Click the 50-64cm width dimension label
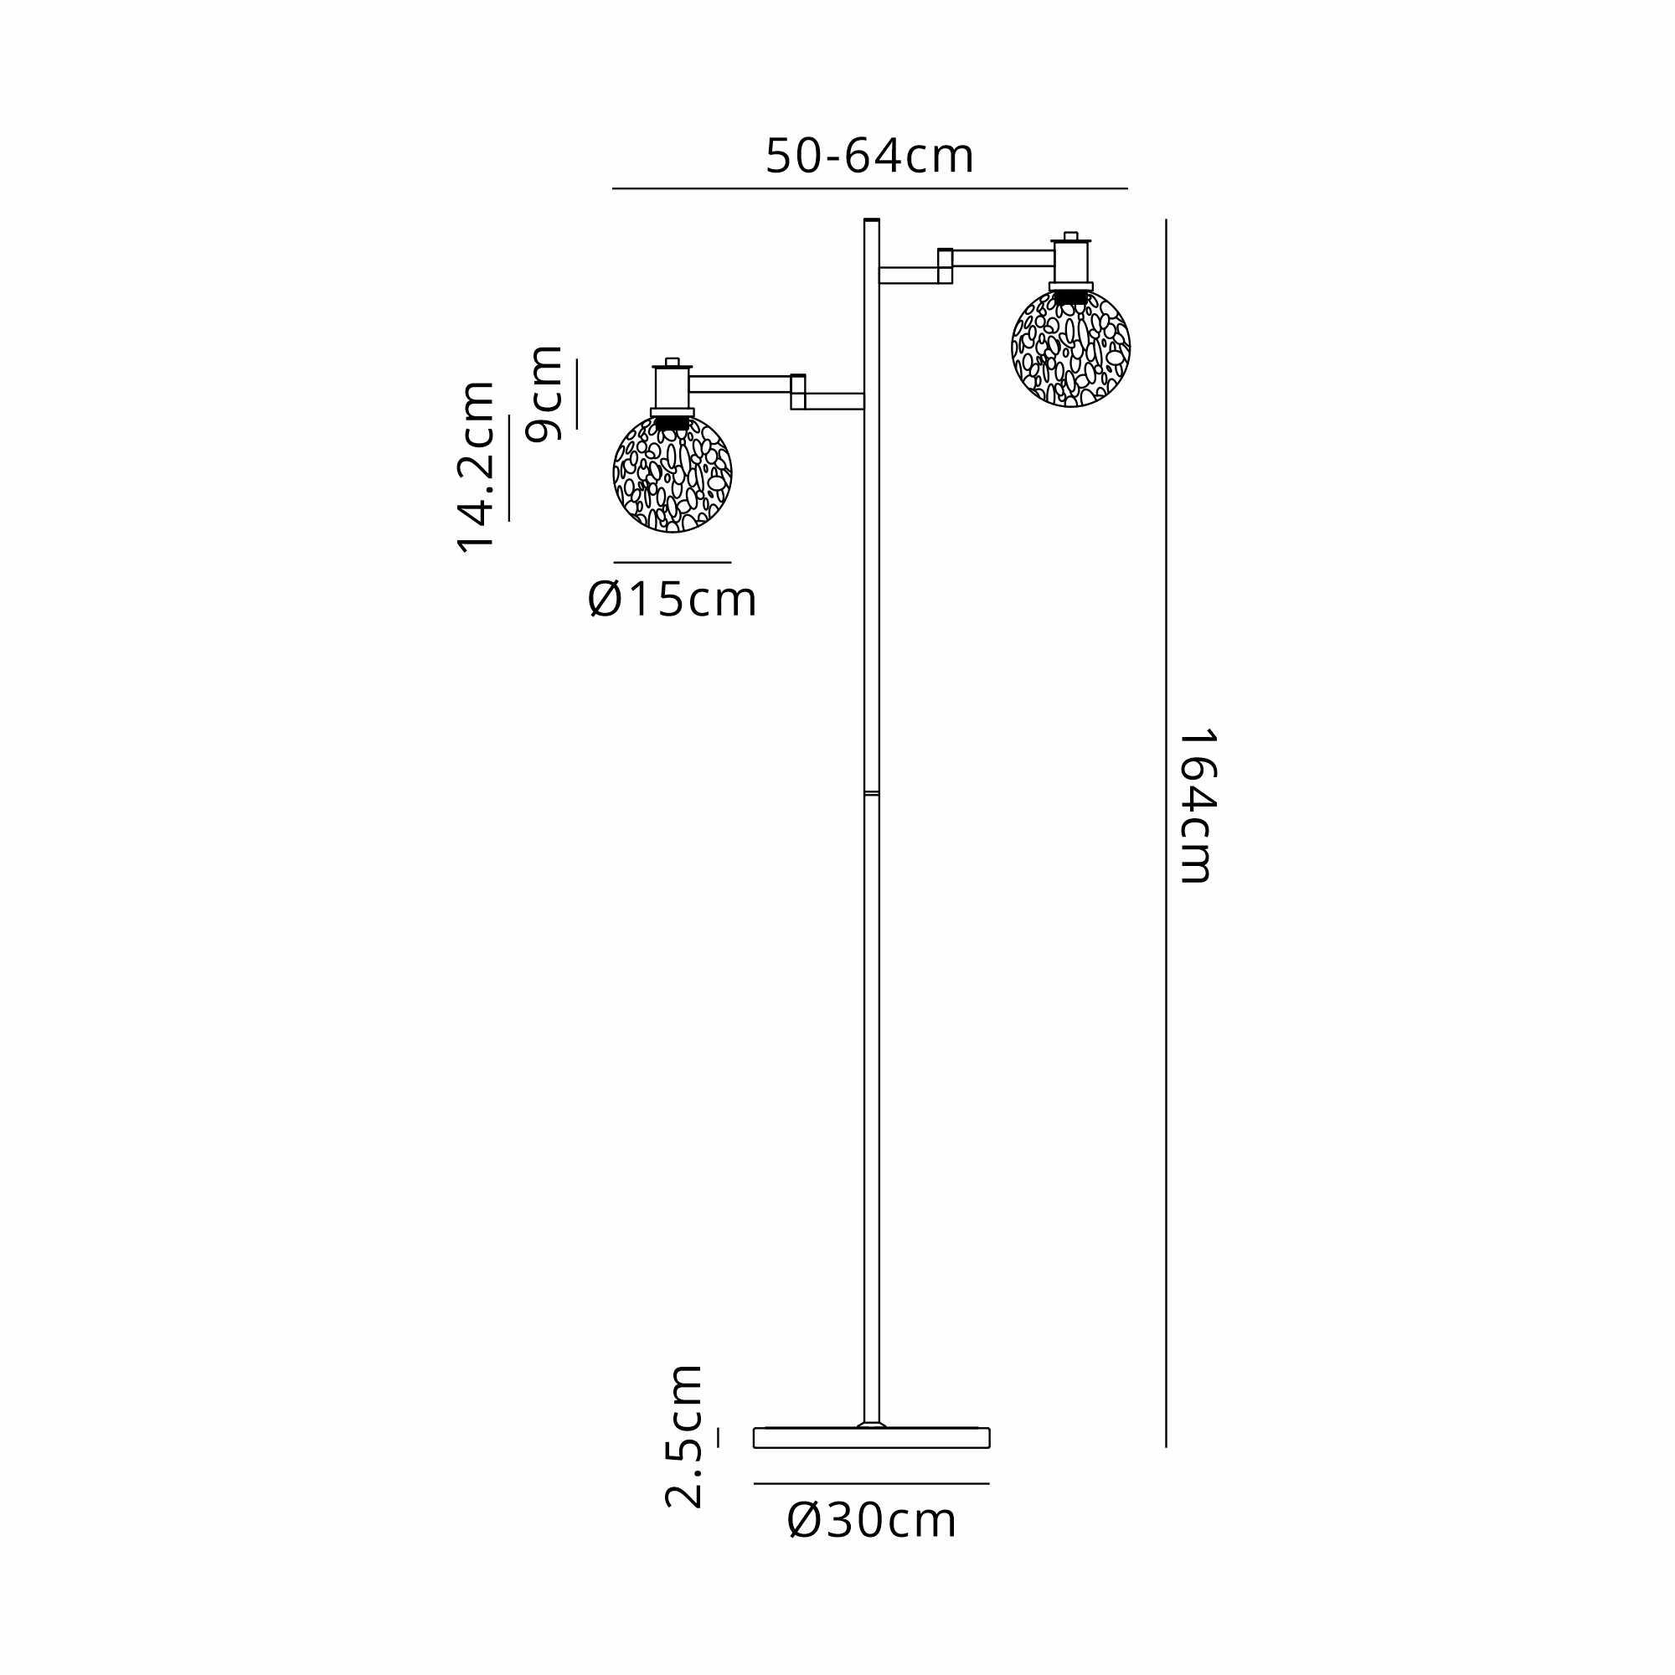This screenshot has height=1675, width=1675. (x=869, y=157)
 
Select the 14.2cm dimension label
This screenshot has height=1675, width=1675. (x=476, y=467)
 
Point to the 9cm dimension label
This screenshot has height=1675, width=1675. (x=544, y=394)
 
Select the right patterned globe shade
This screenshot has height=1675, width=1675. (x=1070, y=348)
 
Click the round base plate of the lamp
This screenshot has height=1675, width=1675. (x=871, y=1437)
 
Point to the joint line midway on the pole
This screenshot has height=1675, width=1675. (x=871, y=792)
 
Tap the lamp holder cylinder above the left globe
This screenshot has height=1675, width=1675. (x=672, y=388)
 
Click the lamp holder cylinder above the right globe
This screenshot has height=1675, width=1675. (x=1070, y=262)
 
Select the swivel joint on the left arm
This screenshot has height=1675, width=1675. (x=797, y=392)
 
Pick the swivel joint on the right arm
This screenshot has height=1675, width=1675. (x=945, y=266)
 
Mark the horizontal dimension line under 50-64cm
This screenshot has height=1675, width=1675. (x=869, y=188)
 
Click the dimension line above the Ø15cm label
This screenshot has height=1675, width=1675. (x=672, y=563)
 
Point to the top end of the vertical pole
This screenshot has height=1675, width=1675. (x=871, y=221)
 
